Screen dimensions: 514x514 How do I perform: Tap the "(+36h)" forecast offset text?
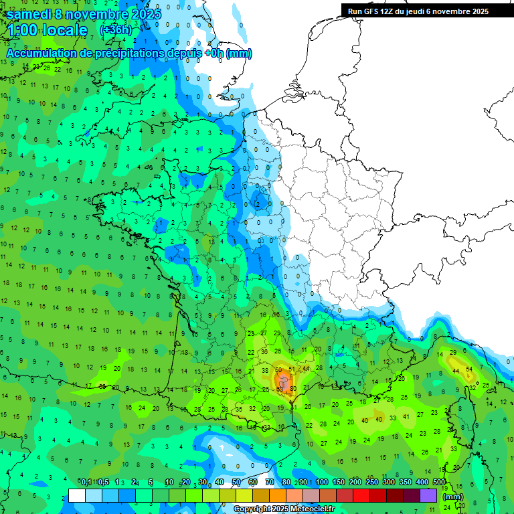(x=116, y=29)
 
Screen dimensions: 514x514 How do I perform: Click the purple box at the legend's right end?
(x=428, y=495)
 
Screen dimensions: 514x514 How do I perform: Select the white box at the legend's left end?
(x=77, y=495)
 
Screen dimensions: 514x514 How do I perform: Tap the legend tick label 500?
(x=439, y=482)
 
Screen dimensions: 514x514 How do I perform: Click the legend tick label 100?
(x=322, y=482)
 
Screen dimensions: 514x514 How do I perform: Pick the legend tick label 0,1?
(x=86, y=482)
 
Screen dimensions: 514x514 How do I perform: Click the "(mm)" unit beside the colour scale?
(x=453, y=497)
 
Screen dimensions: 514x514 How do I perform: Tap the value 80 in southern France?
(x=292, y=389)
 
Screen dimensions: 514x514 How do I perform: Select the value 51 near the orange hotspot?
(x=292, y=369)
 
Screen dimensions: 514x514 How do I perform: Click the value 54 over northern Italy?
(x=470, y=369)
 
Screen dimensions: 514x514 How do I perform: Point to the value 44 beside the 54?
(x=455, y=371)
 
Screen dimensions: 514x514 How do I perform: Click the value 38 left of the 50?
(x=265, y=370)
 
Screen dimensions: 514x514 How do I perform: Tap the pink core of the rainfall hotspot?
(x=284, y=381)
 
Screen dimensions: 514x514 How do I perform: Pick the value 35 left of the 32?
(x=238, y=409)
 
